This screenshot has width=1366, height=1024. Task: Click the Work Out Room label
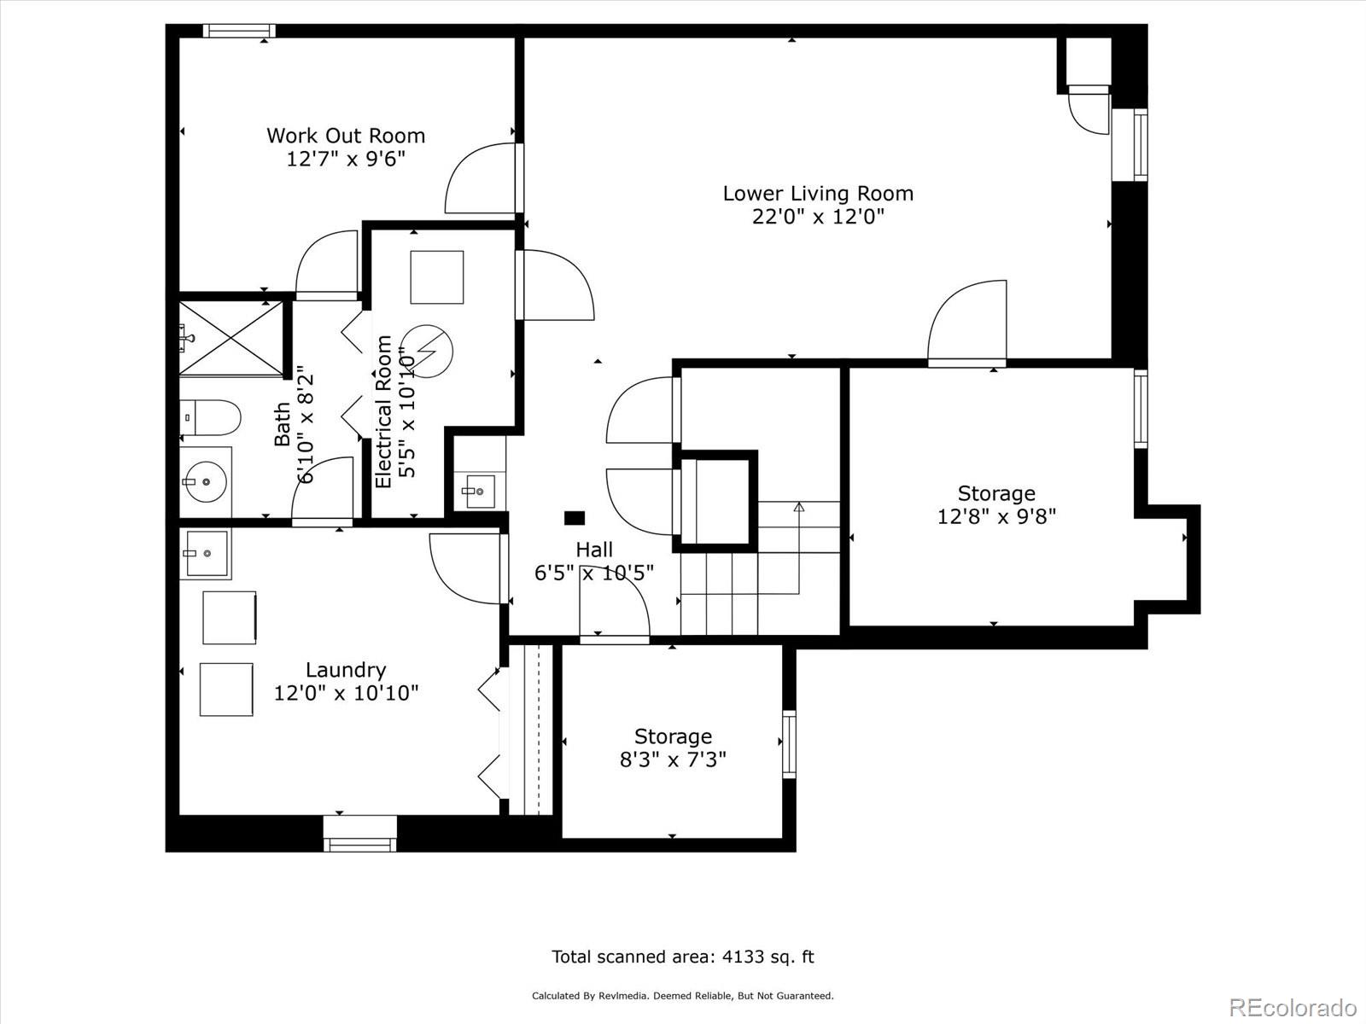point(346,136)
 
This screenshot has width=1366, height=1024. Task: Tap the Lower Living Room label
point(818,194)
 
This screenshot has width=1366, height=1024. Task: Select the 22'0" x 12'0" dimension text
point(818,217)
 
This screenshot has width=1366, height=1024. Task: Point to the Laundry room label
point(346,670)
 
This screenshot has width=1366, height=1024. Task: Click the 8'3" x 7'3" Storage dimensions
point(673,759)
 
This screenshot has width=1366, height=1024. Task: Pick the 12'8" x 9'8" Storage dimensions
point(996,516)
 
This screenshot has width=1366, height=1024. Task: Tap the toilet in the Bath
point(210,418)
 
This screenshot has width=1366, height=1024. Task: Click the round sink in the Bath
point(206,482)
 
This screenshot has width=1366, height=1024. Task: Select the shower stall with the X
point(231,339)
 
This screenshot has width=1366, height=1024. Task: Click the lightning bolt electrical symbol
point(428,352)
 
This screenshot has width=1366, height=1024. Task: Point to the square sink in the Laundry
point(205,553)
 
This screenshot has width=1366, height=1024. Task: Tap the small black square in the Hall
point(575,518)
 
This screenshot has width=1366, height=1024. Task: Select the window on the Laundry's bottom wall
point(360,834)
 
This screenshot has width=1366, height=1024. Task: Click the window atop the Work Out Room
point(240,31)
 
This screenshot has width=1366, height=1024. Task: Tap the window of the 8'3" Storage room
point(789,744)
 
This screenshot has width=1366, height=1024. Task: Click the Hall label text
point(594,550)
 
